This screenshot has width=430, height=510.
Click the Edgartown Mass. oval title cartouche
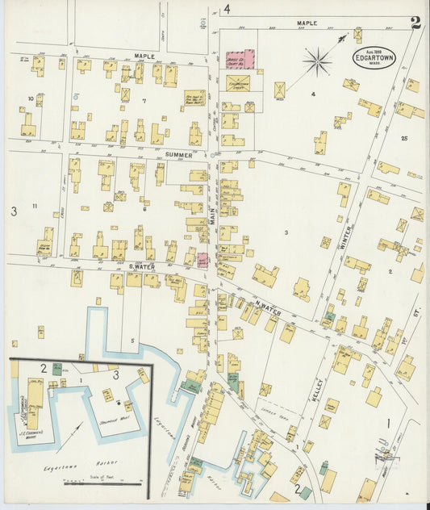(374, 57)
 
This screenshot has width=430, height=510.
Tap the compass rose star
(317, 60)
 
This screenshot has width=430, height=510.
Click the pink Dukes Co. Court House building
(240, 59)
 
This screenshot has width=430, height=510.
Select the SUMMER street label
(178, 154)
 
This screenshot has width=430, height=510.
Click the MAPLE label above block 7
(144, 56)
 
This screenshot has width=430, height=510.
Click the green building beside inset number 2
(57, 368)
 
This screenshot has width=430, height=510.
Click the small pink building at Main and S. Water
(202, 260)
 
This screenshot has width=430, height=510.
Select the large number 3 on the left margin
(14, 211)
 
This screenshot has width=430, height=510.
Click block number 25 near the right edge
(403, 139)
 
